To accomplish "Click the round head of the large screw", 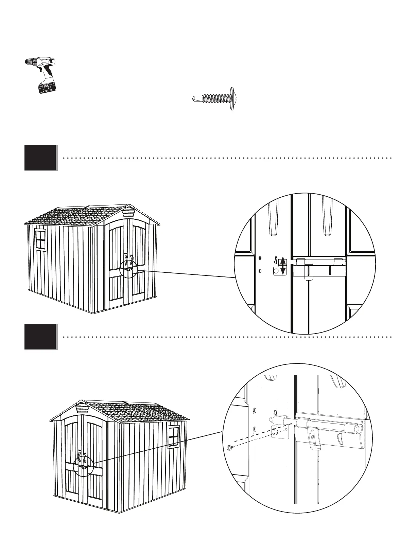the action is click(x=232, y=99).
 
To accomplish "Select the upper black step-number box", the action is click(x=40, y=158).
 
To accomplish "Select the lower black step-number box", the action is click(x=40, y=337).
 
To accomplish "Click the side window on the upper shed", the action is click(x=40, y=239).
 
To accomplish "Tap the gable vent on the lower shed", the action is click(x=81, y=408).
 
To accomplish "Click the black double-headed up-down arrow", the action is click(x=282, y=266).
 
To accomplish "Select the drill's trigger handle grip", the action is click(x=49, y=73).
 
